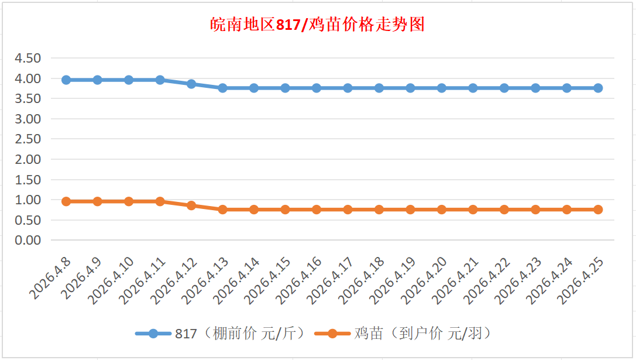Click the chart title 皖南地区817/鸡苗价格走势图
[x=318, y=25]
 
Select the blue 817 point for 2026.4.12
[x=191, y=84]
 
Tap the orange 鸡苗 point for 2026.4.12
[x=191, y=205]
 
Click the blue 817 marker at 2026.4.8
[x=66, y=80]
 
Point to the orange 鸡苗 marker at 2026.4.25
[x=598, y=210]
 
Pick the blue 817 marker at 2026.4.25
[x=598, y=88]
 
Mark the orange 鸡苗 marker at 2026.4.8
[x=66, y=201]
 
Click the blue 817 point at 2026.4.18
[x=379, y=88]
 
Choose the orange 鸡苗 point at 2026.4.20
[x=442, y=210]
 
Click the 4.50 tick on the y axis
[x=27, y=59]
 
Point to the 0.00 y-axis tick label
[x=27, y=241]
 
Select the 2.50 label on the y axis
[x=27, y=139]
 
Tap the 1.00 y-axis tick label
[x=27, y=200]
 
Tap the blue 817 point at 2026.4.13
[x=223, y=88]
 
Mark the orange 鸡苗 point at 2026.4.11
[x=160, y=201]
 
